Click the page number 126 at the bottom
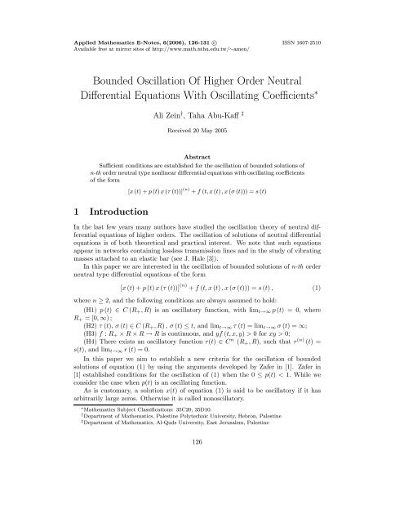point(202,499)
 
